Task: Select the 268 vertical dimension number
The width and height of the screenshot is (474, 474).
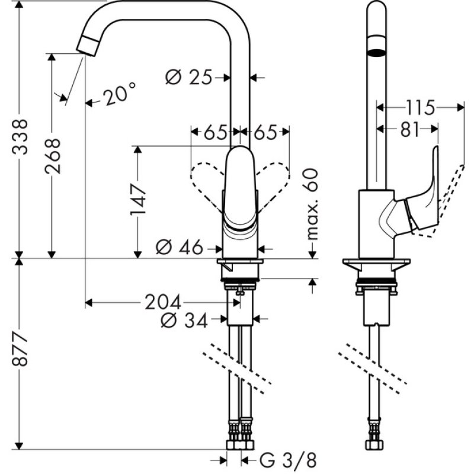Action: click(x=53, y=156)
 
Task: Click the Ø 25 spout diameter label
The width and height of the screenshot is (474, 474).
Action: click(x=189, y=77)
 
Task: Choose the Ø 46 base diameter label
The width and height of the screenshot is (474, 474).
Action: click(x=180, y=247)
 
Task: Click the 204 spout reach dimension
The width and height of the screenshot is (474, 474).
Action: click(x=163, y=303)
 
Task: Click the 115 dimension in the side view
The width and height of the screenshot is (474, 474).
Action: click(x=420, y=108)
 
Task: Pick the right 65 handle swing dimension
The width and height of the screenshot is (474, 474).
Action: click(x=266, y=133)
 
